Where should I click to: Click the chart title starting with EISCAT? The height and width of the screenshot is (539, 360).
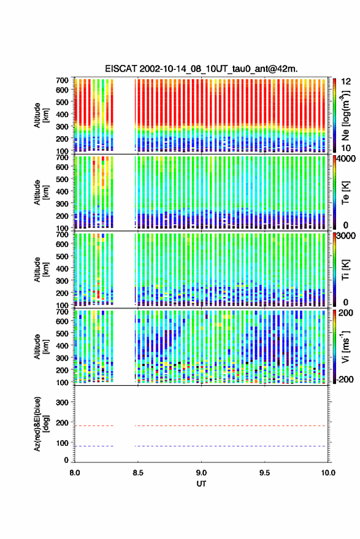[201, 69]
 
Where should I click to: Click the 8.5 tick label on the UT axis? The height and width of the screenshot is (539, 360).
[138, 473]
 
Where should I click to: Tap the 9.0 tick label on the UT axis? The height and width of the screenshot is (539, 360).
[202, 473]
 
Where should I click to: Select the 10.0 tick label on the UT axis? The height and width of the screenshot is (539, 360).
[328, 473]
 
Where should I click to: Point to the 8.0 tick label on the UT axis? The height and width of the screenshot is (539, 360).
[75, 473]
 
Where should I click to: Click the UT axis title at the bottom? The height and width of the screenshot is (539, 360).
[201, 484]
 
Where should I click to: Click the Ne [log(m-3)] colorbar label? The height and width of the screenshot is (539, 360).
[345, 115]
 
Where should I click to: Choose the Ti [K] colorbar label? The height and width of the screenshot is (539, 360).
[345, 270]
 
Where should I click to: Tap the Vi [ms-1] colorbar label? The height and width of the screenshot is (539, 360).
[345, 346]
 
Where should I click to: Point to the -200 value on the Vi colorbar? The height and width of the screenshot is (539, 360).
[345, 380]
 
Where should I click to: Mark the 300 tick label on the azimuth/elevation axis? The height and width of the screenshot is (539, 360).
[62, 402]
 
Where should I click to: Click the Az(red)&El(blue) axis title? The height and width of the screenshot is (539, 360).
[40, 424]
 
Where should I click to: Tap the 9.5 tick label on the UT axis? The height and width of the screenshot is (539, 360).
[265, 473]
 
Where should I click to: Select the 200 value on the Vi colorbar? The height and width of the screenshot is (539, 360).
[346, 313]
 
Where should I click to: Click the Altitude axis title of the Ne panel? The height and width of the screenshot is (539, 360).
[41, 115]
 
